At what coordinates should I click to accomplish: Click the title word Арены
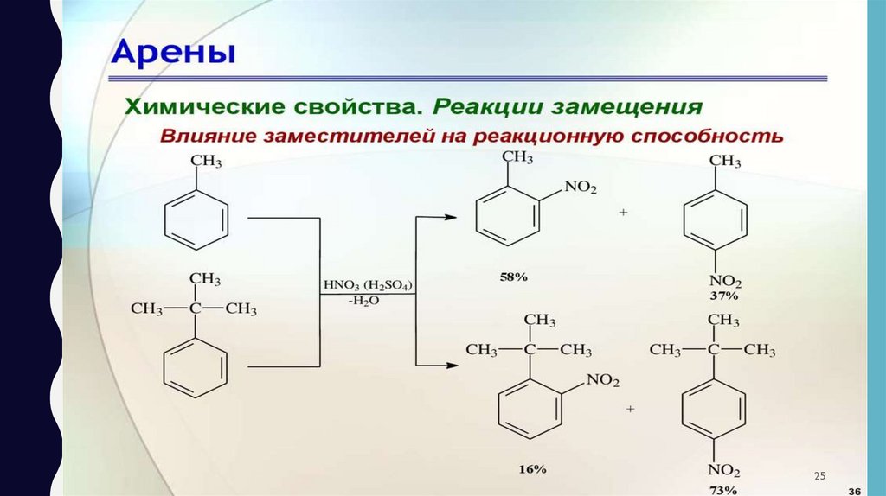174,54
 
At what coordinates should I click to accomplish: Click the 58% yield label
513,277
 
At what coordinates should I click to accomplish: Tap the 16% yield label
533,468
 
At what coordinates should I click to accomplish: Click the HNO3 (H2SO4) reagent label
368,283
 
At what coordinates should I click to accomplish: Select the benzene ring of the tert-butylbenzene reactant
197,367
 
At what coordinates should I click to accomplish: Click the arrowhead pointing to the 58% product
450,216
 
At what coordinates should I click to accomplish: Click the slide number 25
821,477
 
